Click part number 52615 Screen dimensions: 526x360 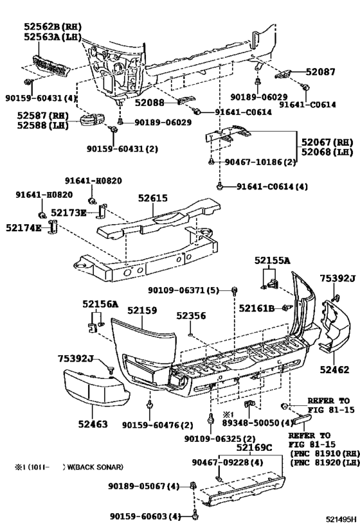pos(151,199)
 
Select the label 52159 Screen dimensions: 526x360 pos(141,310)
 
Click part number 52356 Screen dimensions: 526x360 pos(191,316)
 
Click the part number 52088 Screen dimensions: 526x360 pos(149,102)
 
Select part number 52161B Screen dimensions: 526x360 pos(257,308)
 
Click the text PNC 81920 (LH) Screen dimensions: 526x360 pos(323,462)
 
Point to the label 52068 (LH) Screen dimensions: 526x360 pos(326,152)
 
